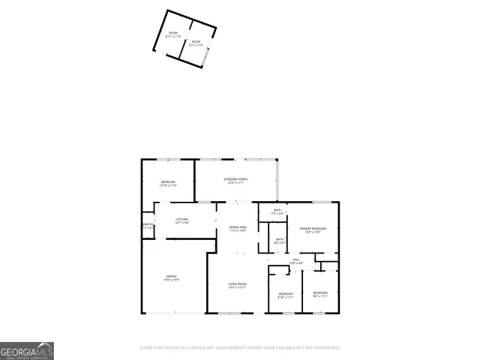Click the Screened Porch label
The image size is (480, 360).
pyautogui.click(x=236, y=178)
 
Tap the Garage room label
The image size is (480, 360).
pyautogui.click(x=172, y=277)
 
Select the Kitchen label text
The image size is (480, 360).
pyautogui.click(x=181, y=219)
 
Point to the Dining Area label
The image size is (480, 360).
pyautogui.click(x=238, y=226)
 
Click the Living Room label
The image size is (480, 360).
pyautogui.click(x=238, y=283)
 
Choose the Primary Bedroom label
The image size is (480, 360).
pyautogui.click(x=313, y=228)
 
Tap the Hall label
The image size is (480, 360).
pyautogui.click(x=296, y=259)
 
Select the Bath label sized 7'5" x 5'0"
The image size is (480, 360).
pyautogui.click(x=277, y=211)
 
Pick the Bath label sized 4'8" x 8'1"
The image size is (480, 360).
pyautogui.click(x=278, y=239)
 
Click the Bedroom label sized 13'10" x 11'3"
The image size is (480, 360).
pyautogui.click(x=168, y=182)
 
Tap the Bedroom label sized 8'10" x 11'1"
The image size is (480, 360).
pyautogui.click(x=285, y=293)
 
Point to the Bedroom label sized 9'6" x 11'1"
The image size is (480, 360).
pyautogui.click(x=320, y=292)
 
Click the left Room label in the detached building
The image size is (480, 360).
pyautogui.click(x=173, y=34)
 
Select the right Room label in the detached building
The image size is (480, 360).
pyautogui.click(x=196, y=42)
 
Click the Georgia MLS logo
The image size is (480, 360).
pyautogui.click(x=27, y=351)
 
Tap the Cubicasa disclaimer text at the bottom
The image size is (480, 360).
pyautogui.click(x=240, y=348)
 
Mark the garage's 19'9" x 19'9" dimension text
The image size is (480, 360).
pyautogui.click(x=172, y=280)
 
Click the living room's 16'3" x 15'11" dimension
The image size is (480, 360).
pyautogui.click(x=238, y=286)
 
